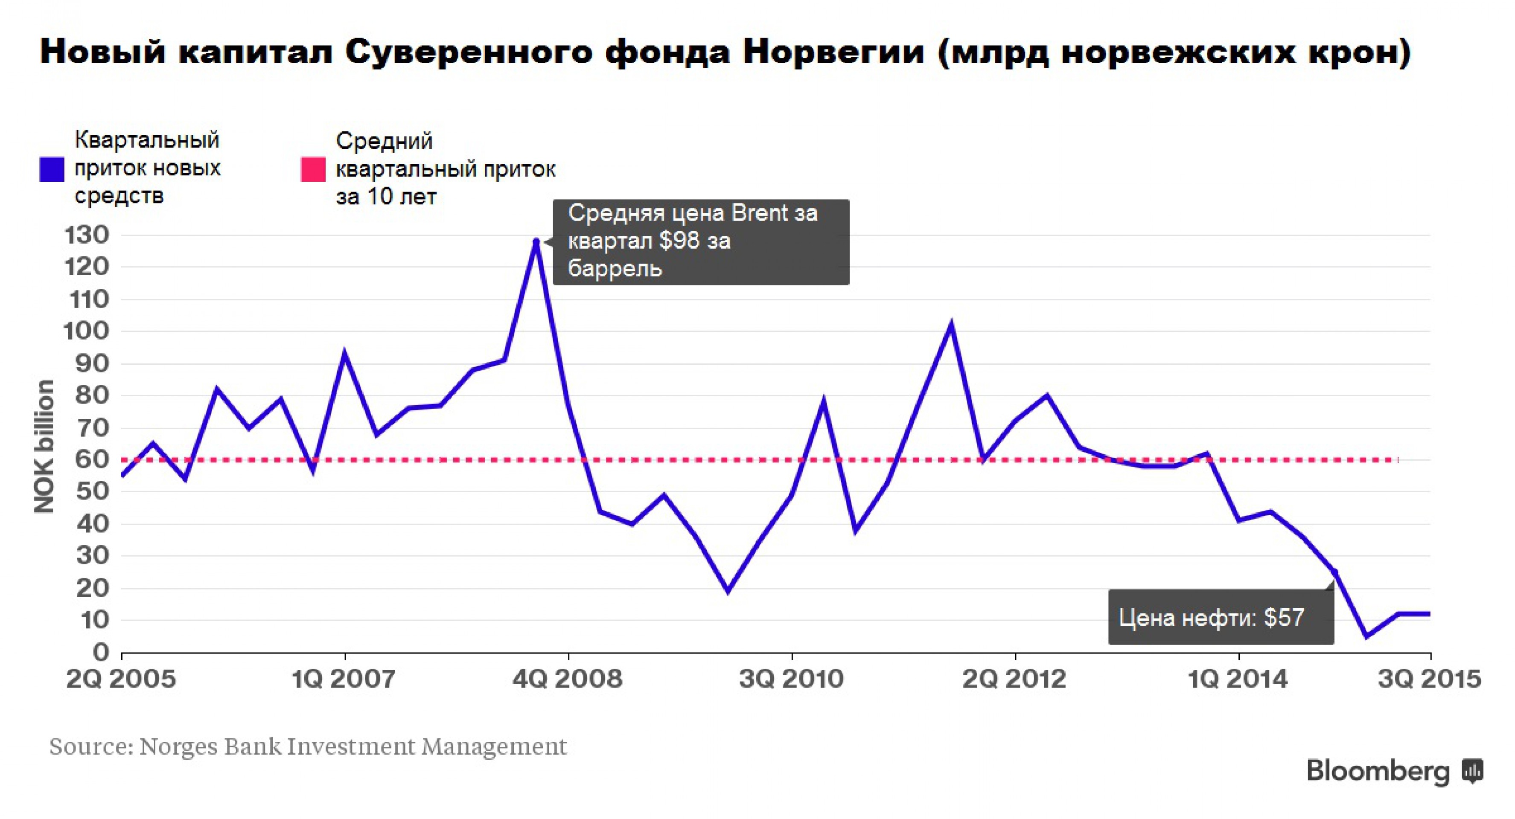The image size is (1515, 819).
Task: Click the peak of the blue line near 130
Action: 536,241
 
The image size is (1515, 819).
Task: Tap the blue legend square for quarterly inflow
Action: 52,169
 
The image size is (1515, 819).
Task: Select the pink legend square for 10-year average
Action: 313,169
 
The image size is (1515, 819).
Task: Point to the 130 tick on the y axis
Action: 87,235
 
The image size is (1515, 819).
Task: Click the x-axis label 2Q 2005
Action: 121,680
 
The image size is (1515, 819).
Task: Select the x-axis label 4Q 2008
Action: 568,680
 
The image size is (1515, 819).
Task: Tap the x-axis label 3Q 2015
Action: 1429,680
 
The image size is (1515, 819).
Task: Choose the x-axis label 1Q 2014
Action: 1238,680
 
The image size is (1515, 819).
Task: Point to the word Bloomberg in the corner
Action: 1378,771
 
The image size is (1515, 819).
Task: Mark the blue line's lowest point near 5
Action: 1366,636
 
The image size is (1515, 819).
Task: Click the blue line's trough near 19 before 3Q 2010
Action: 728,591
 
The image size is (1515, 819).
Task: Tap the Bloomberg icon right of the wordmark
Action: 1473,771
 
